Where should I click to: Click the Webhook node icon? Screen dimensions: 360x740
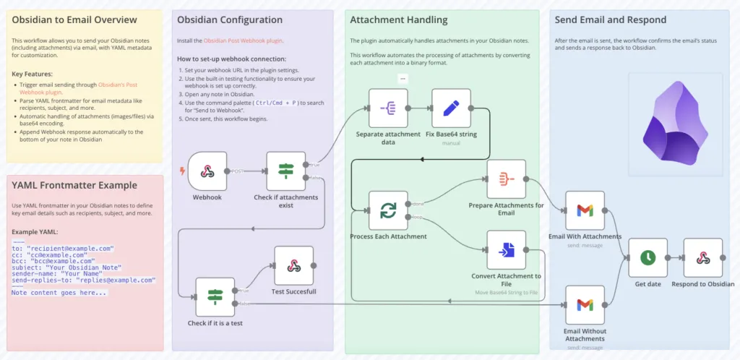[x=207, y=171]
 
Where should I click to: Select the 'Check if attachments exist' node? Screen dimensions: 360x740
[x=286, y=171]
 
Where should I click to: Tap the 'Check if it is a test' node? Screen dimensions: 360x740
[x=215, y=296]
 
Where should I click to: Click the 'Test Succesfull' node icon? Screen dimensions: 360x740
[x=293, y=265]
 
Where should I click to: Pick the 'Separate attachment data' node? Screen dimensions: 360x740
[x=388, y=108]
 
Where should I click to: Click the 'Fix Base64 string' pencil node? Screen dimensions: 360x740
[x=452, y=108]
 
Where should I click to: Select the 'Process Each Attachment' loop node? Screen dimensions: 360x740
[x=388, y=210]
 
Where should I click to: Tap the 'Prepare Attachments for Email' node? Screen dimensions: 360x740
[x=506, y=179]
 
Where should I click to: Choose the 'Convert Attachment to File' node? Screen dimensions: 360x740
[x=506, y=250]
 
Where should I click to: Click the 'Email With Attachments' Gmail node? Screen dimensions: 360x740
[x=585, y=210]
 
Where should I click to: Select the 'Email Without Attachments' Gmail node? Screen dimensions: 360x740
[x=585, y=305]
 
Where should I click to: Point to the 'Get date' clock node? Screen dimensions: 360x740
[x=647, y=257]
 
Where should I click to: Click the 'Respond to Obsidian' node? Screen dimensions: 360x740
[x=702, y=257]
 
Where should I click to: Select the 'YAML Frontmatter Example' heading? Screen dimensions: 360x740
[x=74, y=185]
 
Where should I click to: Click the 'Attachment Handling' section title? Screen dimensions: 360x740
[x=398, y=20]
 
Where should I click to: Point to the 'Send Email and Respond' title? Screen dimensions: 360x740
[x=610, y=20]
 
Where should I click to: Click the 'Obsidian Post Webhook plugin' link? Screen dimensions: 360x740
[x=243, y=40]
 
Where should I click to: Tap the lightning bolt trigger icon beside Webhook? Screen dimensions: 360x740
[x=182, y=171]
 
